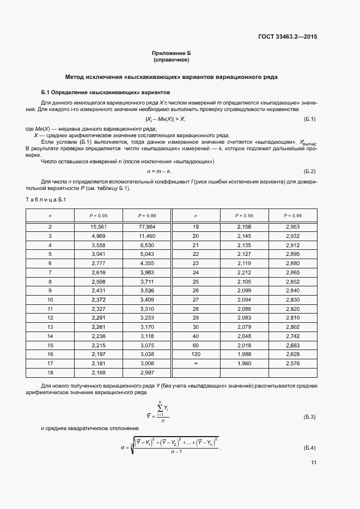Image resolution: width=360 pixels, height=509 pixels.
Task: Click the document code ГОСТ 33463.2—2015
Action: [x=288, y=37]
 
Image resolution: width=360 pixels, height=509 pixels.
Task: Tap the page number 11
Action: [x=314, y=463]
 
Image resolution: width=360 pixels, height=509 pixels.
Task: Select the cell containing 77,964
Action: [x=147, y=226]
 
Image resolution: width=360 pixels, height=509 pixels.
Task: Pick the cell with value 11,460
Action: [x=147, y=236]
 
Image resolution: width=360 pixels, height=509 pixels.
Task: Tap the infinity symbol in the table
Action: [x=196, y=363]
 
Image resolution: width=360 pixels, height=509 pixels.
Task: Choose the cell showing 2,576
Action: [x=293, y=363]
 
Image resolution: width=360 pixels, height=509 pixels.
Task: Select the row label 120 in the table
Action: [x=196, y=354]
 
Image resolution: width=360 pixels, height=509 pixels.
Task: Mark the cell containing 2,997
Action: [x=147, y=372]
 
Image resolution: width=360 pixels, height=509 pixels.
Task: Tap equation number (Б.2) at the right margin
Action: [x=309, y=171]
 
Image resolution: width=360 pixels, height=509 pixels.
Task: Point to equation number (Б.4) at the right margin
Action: [x=309, y=448]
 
